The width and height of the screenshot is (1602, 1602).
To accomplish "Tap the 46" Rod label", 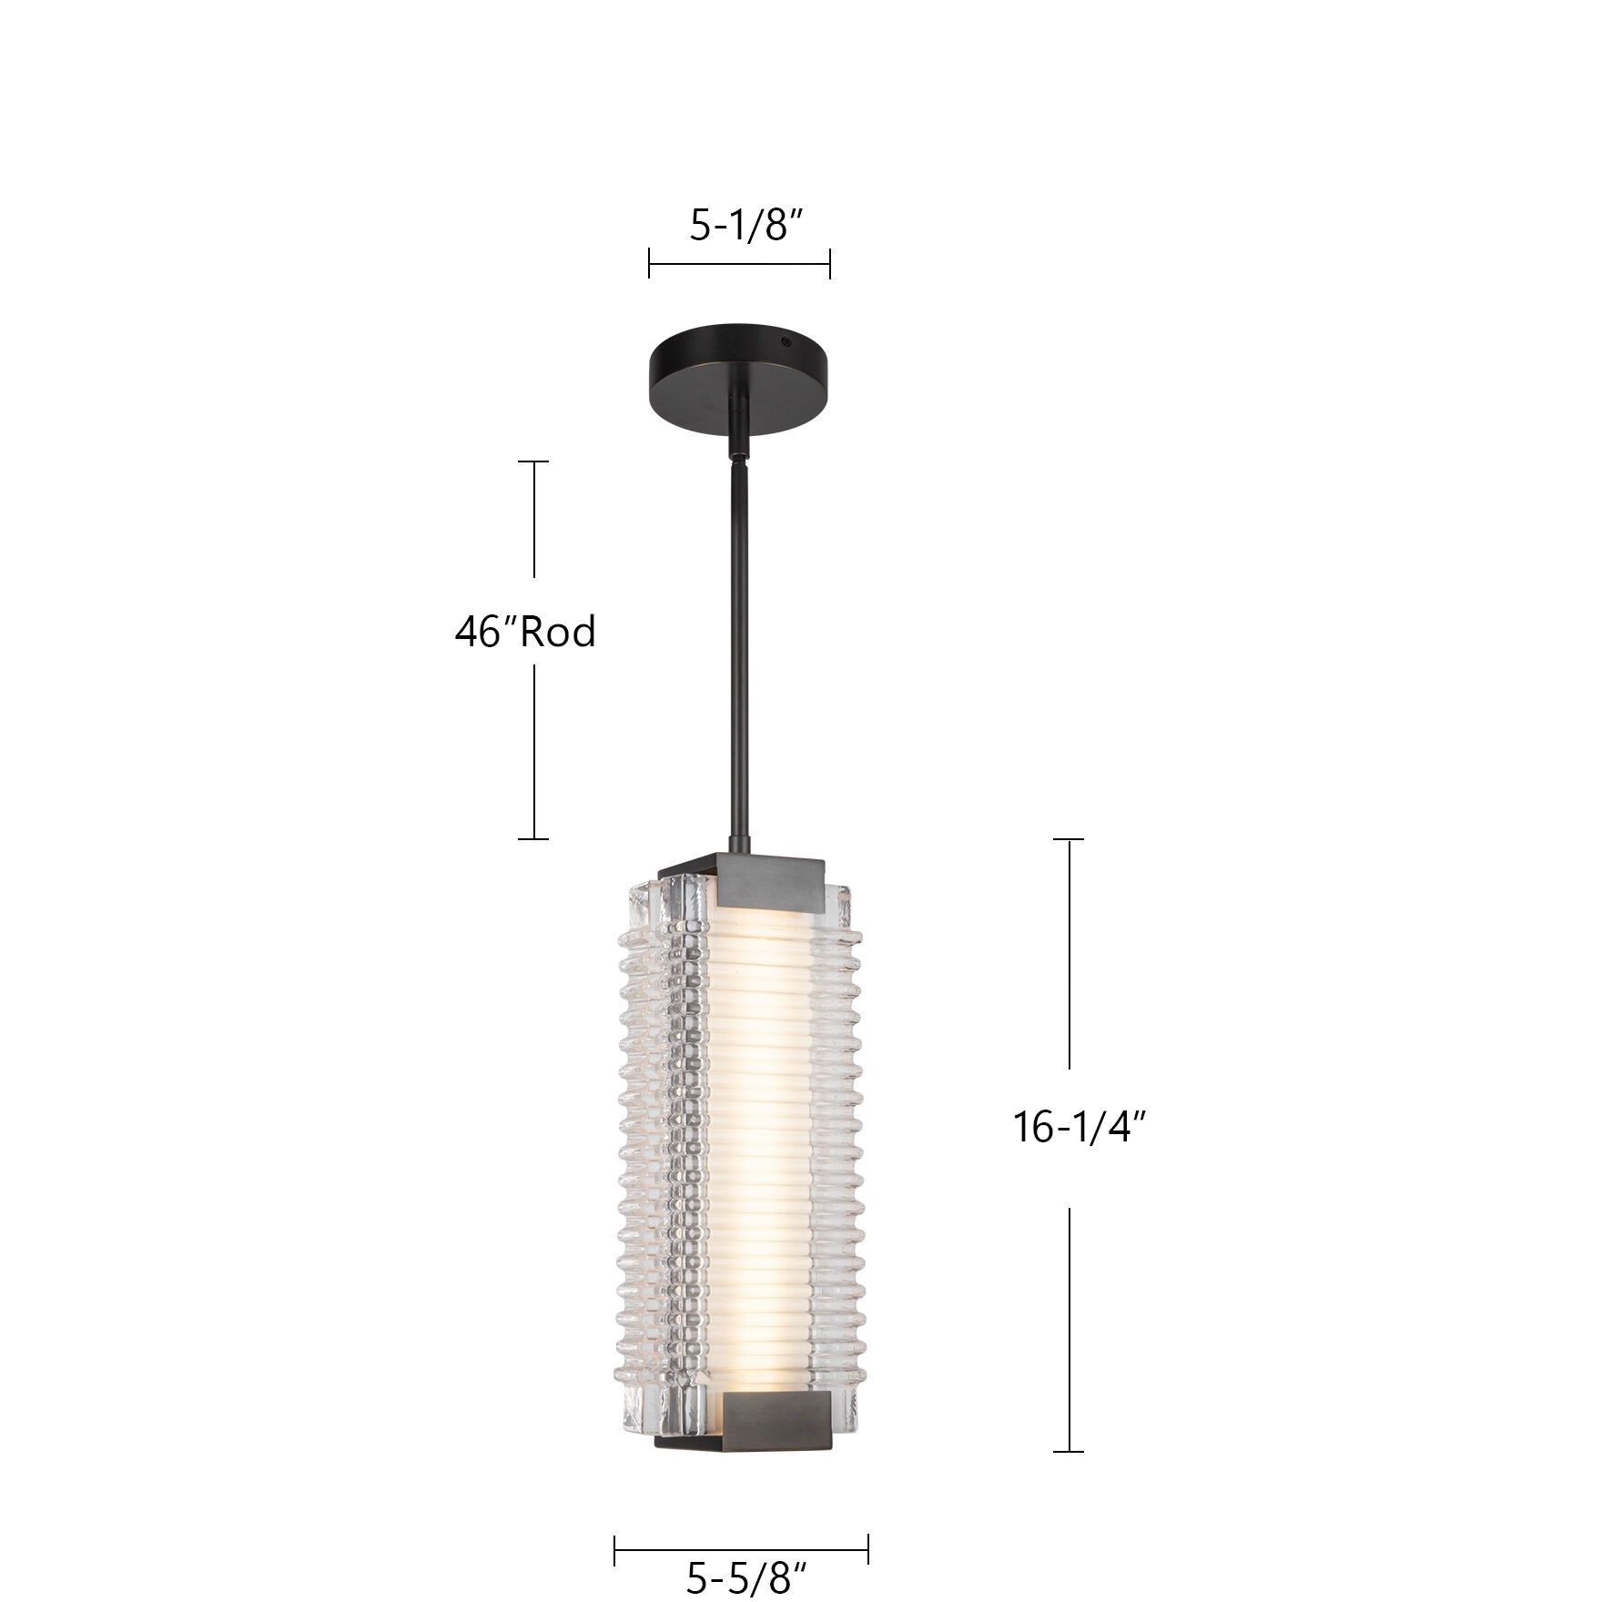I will tap(525, 632).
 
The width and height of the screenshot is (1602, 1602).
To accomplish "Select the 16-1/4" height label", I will tap(1078, 1128).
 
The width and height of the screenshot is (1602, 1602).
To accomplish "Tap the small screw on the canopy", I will tap(785, 342).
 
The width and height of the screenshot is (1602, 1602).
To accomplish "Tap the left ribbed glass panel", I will tap(655, 1138).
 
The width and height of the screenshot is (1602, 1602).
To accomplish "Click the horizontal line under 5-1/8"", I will tap(739, 265).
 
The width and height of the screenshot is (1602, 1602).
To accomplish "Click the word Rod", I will tap(558, 632).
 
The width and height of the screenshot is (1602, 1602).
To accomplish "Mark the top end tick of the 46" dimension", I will tap(533, 461).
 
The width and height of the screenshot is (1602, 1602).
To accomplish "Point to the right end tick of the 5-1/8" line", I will tap(829, 265).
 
